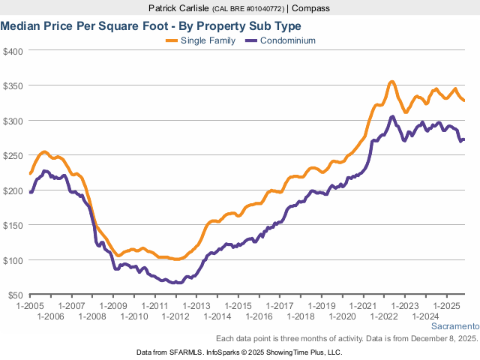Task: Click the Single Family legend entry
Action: coord(208,40)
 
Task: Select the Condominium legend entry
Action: coord(288,40)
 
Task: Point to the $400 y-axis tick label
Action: coord(13,51)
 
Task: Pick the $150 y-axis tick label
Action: coord(13,225)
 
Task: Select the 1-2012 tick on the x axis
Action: coord(175,317)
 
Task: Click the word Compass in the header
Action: coord(310,8)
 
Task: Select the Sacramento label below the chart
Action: coord(454,326)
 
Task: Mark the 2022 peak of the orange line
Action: coord(391,82)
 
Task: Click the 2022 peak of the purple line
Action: coord(391,117)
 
